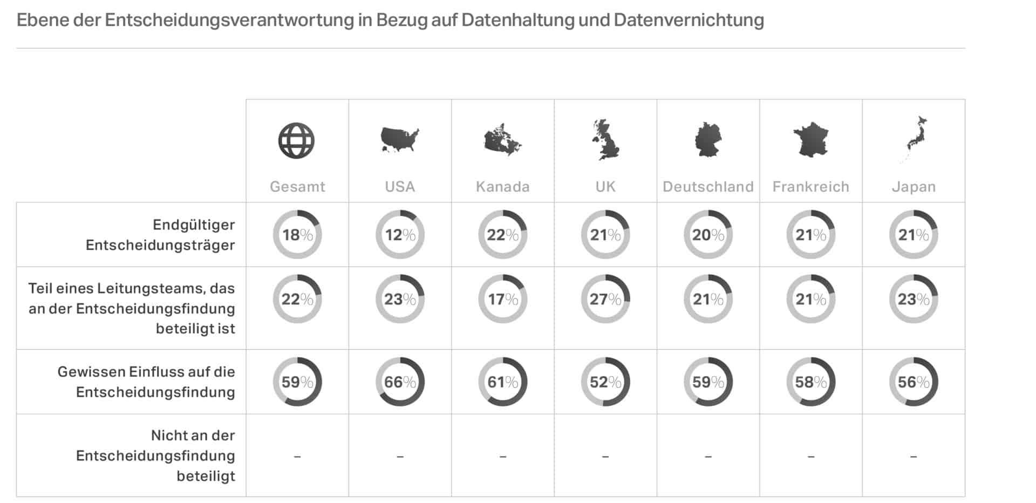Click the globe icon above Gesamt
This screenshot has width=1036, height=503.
(x=296, y=141)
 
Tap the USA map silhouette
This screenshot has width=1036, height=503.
(x=399, y=139)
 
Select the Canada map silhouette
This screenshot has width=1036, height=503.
(x=502, y=140)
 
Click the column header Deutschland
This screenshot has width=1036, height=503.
(x=708, y=187)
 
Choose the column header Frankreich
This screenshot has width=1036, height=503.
(x=810, y=187)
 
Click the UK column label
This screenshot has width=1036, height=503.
(x=605, y=187)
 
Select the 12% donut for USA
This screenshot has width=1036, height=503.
(x=400, y=235)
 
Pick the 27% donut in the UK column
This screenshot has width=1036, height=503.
(x=605, y=299)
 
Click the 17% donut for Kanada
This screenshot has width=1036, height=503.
(x=503, y=299)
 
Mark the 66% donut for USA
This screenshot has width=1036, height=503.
(x=400, y=382)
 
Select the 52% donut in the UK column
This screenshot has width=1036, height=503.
(x=605, y=382)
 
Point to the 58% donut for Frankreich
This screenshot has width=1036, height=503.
(x=810, y=382)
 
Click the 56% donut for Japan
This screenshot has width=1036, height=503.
(x=914, y=382)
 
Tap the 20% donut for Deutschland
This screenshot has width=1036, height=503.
(x=708, y=235)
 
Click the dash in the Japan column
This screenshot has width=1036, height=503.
(x=914, y=457)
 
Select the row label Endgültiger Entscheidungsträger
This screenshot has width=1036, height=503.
(x=160, y=235)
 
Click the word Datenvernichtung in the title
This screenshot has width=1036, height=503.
(x=689, y=20)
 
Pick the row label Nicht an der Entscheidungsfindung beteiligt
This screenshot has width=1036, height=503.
(x=155, y=456)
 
